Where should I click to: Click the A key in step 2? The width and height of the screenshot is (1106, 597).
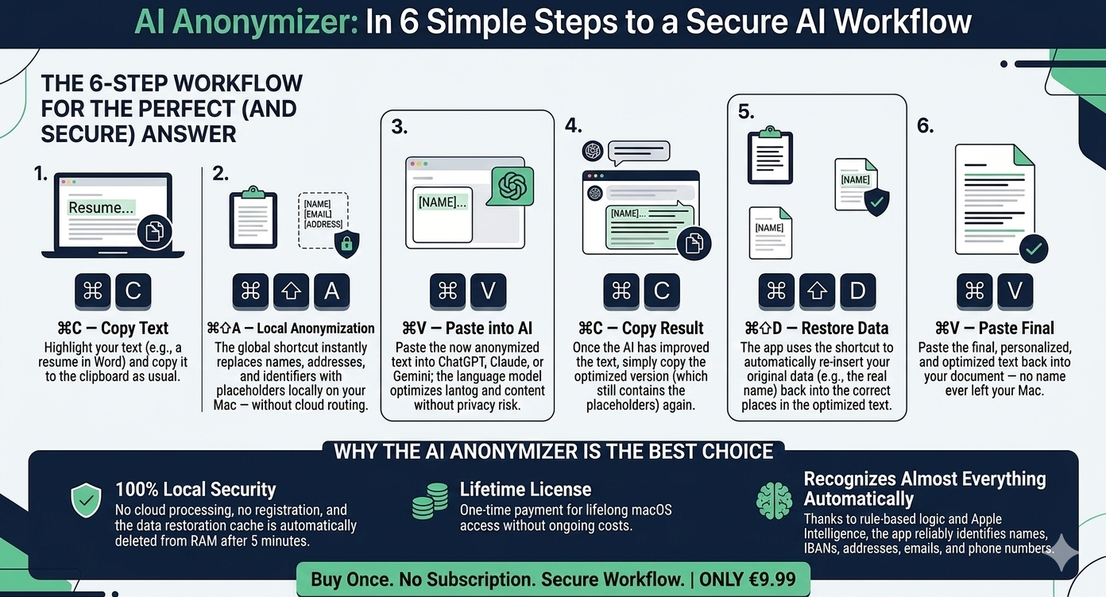(331, 291)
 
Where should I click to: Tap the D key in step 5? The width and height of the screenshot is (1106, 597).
(857, 291)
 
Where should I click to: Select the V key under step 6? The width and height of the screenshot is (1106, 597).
(1015, 291)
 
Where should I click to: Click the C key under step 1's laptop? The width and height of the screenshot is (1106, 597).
(133, 291)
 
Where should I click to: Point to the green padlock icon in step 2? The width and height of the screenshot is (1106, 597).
(346, 245)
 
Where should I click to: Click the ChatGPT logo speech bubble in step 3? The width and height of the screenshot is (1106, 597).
(509, 186)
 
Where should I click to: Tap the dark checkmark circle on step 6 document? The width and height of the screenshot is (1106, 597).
(1033, 249)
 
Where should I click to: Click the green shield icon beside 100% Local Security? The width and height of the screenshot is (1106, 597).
(86, 500)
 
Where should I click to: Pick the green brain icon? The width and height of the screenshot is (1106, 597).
(774, 501)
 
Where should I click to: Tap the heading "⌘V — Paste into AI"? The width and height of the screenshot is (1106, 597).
(467, 328)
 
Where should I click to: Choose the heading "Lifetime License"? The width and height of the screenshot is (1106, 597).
(525, 490)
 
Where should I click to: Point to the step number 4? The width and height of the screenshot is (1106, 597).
(573, 125)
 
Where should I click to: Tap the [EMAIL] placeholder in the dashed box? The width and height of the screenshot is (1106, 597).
(318, 214)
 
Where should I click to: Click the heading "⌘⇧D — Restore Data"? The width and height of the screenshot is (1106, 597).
(816, 328)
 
